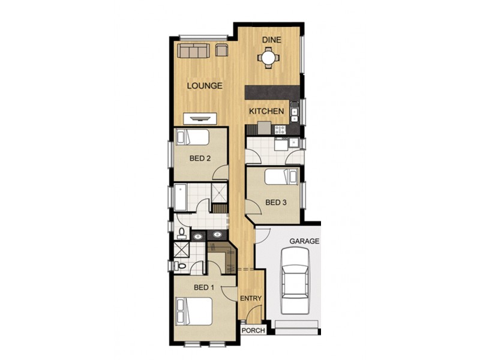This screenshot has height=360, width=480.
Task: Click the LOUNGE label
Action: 205,86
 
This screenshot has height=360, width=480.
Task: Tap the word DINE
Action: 271,39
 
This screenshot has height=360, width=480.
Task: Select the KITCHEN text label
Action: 266,112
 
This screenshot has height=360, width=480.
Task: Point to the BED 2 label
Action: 200,159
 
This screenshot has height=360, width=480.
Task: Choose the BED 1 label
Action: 204,287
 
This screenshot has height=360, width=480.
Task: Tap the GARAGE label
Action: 304,241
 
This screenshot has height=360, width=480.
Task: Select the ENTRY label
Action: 251,298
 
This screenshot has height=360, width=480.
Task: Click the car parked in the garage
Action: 295,281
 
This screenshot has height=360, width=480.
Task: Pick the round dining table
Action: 268,58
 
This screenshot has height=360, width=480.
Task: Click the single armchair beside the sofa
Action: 221,50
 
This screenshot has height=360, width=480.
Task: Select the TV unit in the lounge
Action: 200,118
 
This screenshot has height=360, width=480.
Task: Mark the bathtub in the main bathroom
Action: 181,195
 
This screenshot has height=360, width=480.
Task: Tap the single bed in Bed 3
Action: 281,176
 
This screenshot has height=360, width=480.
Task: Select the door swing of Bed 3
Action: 254,210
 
